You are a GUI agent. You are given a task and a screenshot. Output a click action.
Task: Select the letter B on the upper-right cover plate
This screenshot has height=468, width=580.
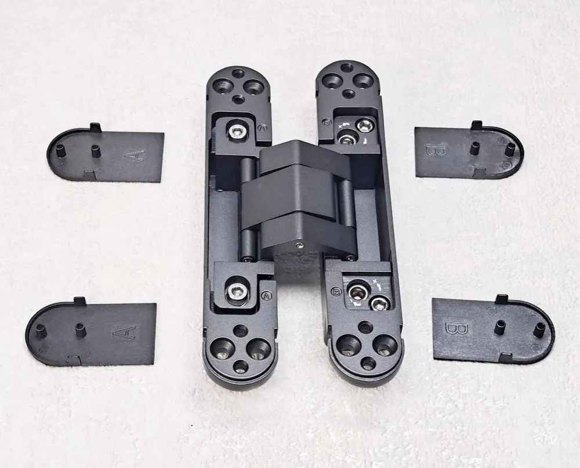point(433,151)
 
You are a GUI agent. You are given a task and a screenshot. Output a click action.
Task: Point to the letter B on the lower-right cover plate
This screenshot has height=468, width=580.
point(452,328)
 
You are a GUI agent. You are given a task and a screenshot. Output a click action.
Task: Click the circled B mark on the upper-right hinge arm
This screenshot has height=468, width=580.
point(326,122)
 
